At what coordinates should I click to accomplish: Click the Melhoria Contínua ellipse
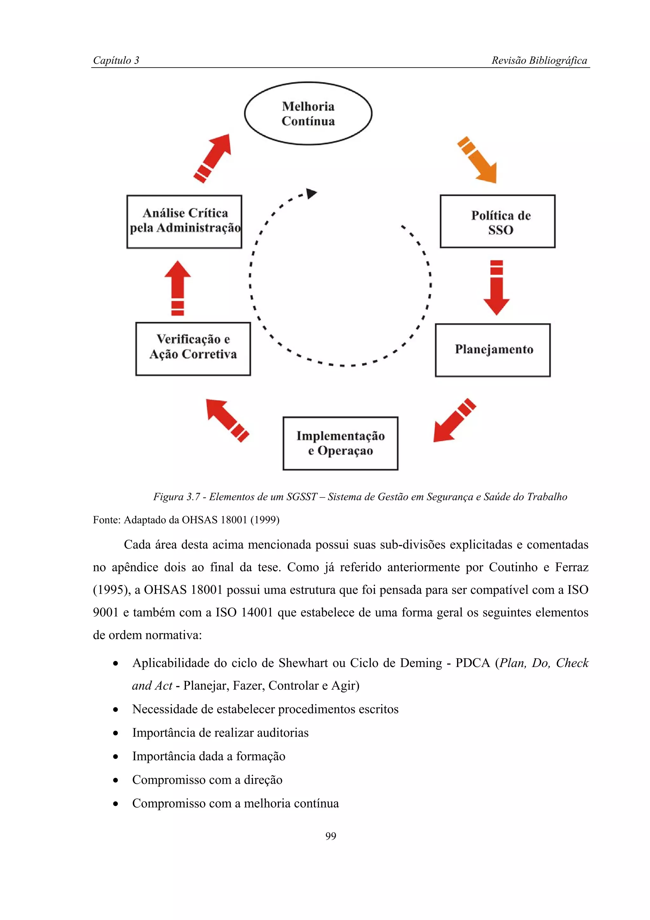[x=308, y=113]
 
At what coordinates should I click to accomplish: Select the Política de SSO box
[x=497, y=222]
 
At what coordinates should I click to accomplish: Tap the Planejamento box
[x=493, y=350]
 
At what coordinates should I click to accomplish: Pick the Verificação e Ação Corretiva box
[x=193, y=349]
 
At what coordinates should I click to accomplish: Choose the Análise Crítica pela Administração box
[x=184, y=222]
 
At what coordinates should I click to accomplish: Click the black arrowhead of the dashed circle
[x=311, y=194]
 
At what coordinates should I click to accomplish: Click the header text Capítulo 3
[x=116, y=61]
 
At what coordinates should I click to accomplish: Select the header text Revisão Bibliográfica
[x=539, y=61]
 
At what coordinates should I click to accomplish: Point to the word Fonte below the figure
[x=107, y=520]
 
